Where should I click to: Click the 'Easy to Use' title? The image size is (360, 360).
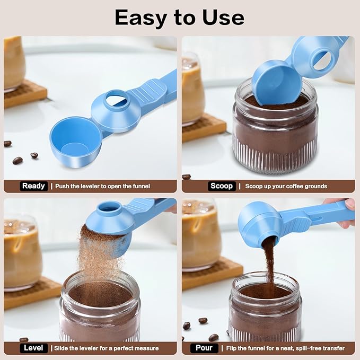click(x=179, y=18)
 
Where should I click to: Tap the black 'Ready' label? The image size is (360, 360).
click(x=34, y=186)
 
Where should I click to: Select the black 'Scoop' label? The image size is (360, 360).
click(x=221, y=186)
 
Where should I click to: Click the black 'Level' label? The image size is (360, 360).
click(x=34, y=348)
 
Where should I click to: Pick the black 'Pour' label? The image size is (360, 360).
click(x=204, y=348)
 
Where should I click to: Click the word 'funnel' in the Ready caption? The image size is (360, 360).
click(x=141, y=186)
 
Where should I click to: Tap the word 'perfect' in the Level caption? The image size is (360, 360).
click(x=125, y=348)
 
